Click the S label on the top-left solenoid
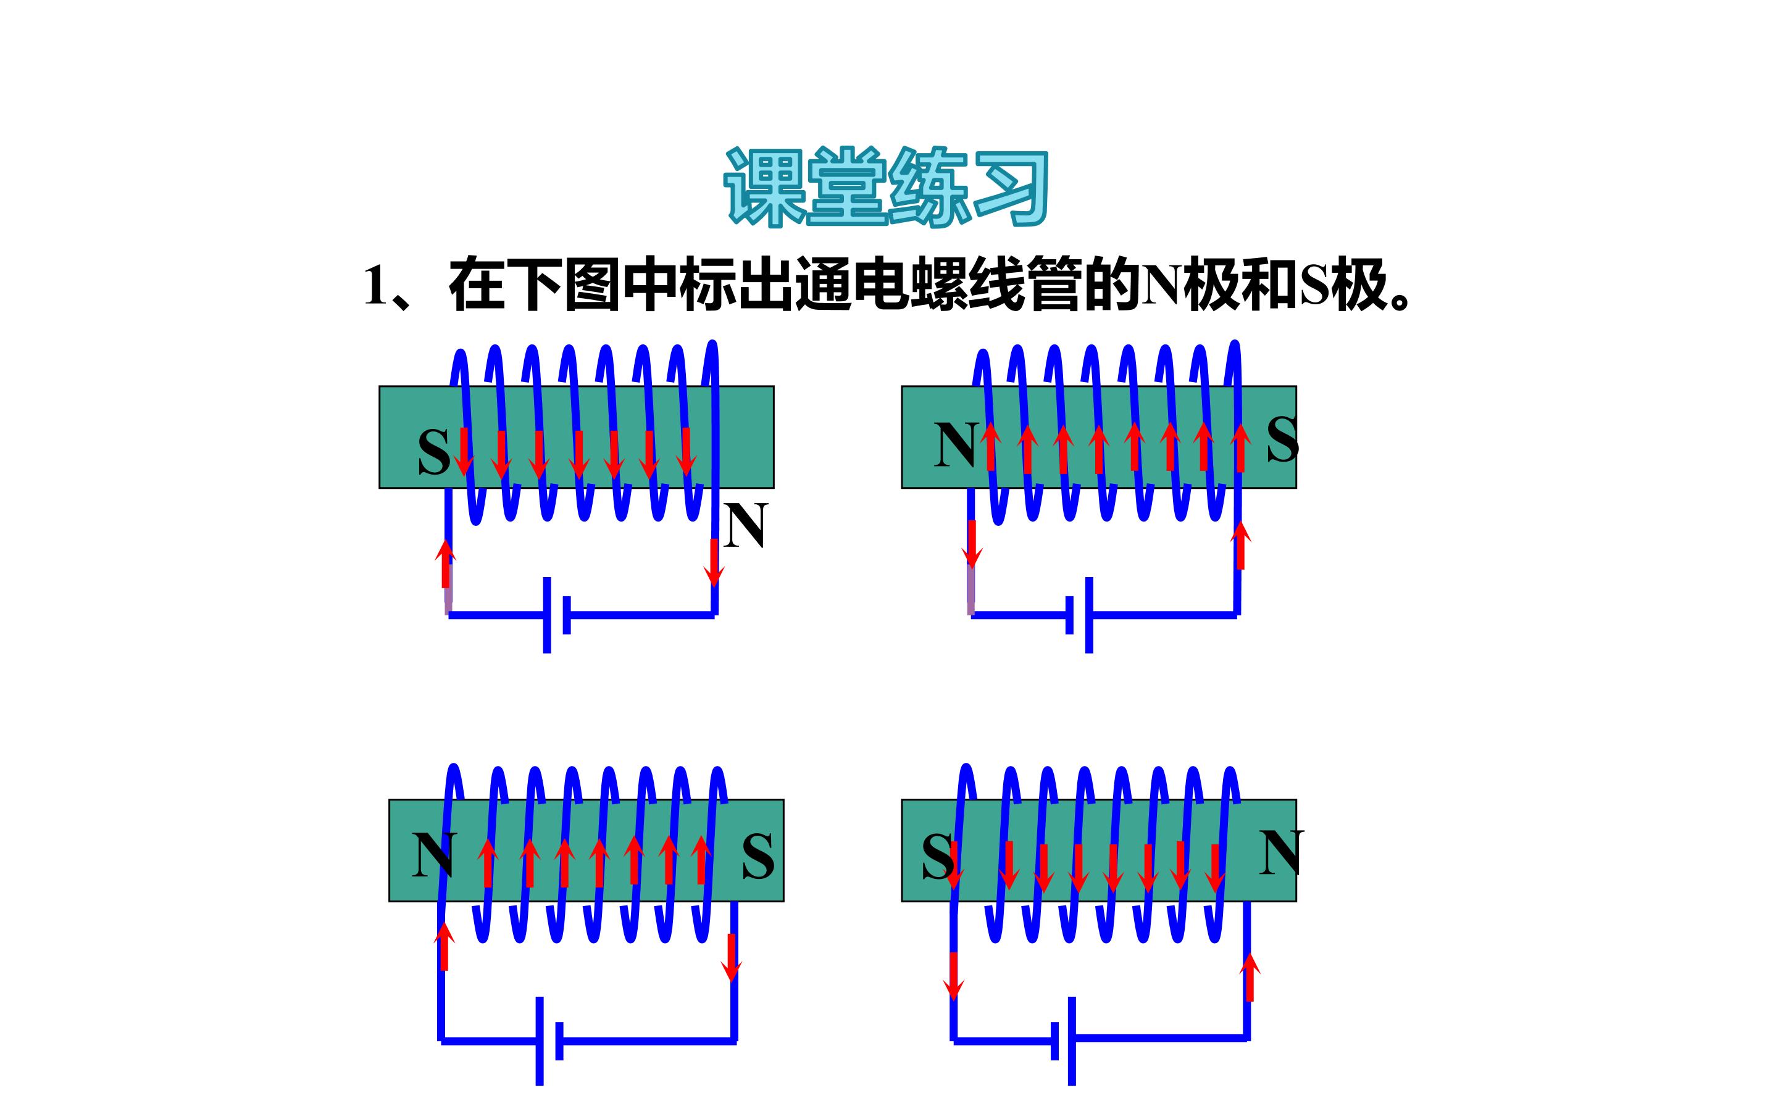(x=433, y=451)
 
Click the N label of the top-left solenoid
(x=745, y=525)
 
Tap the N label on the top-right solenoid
(x=955, y=444)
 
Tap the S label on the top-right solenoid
(x=1282, y=439)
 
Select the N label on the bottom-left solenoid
(x=434, y=855)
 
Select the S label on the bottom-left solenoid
(x=758, y=857)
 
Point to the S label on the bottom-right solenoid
(x=938, y=857)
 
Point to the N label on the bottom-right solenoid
(x=1282, y=852)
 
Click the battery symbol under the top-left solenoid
(x=556, y=615)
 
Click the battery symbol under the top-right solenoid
(x=1079, y=615)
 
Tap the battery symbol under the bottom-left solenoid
(x=549, y=1041)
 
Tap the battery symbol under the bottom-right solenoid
(x=1063, y=1041)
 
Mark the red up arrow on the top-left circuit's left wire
(x=444, y=564)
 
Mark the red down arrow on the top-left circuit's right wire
(x=714, y=563)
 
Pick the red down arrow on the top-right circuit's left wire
(x=972, y=544)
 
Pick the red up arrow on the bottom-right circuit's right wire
(x=1250, y=976)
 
